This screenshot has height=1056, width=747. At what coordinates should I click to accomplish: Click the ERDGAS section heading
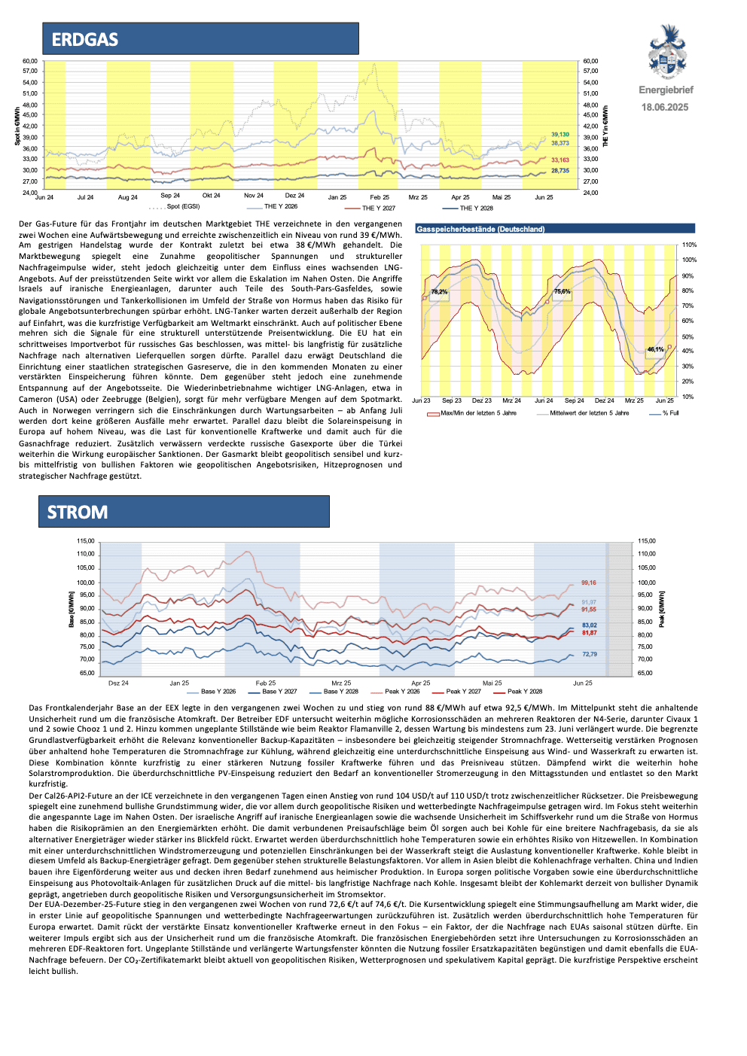coord(85,40)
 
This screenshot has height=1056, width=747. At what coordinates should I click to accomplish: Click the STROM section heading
coord(78,513)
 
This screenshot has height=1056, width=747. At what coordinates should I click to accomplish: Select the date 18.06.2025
coord(665,107)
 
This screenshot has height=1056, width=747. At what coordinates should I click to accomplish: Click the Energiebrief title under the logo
coord(666,90)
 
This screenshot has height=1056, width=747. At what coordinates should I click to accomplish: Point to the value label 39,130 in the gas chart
coord(559,135)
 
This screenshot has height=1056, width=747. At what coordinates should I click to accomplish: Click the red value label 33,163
coord(559,160)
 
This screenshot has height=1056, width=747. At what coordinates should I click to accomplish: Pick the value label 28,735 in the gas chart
coord(559,171)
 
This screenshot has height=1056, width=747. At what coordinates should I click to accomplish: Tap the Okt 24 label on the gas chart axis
coord(212,196)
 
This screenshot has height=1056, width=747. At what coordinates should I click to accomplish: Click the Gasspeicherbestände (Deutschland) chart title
coord(480,229)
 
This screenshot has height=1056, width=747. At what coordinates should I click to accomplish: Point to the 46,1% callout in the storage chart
coord(655,349)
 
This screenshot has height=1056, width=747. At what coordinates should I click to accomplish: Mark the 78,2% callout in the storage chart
coord(439,291)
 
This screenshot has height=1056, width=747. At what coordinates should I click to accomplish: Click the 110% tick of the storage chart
coord(689,245)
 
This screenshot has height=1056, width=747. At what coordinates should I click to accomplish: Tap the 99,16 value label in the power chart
coord(588,583)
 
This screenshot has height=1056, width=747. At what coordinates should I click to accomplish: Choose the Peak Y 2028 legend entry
coord(525,691)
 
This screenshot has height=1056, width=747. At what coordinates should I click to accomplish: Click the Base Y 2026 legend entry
coord(218,691)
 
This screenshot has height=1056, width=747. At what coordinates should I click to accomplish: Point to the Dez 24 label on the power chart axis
coord(118,683)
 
